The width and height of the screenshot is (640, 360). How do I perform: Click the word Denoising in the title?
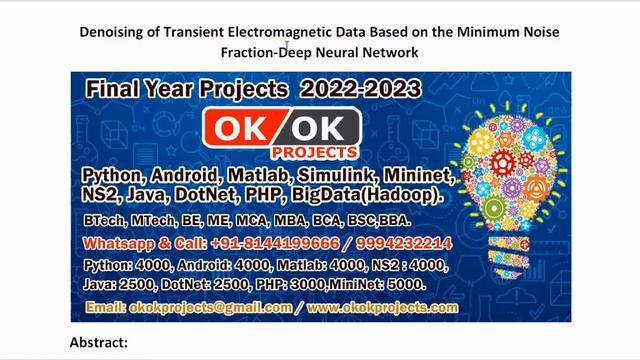pos(111,32)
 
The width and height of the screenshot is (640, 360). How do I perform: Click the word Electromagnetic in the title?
pos(284,32)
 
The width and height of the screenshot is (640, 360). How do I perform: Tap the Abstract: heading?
pos(99,342)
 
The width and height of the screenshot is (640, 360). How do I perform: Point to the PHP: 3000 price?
pos(293,284)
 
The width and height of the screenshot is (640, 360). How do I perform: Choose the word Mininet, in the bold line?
pos(420,176)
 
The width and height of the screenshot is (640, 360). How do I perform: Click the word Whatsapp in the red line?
pos(117,243)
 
